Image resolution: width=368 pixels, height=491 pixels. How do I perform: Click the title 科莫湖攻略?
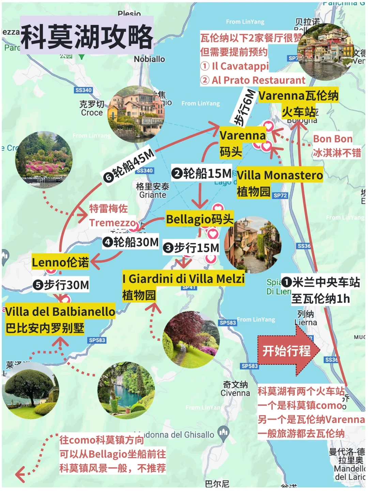click(x=87, y=37)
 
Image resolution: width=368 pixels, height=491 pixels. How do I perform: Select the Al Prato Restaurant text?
click(x=258, y=80)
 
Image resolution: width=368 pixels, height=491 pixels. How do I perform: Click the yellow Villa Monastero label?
click(x=280, y=175)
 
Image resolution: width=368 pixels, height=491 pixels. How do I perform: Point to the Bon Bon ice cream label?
click(x=333, y=139)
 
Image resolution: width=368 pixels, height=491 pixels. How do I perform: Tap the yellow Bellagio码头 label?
click(x=200, y=219)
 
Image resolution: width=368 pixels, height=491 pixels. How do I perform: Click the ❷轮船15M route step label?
click(x=202, y=173)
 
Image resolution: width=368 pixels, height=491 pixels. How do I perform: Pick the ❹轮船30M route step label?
click(x=131, y=242)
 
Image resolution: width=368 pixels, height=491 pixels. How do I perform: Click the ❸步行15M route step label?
click(x=191, y=248)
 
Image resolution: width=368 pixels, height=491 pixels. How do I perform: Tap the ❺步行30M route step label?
click(x=61, y=285)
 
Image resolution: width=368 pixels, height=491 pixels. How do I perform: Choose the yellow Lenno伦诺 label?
click(x=60, y=262)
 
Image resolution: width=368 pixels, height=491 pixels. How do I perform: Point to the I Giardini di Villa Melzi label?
click(x=183, y=279)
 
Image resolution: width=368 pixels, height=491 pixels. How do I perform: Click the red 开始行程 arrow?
click(x=288, y=351)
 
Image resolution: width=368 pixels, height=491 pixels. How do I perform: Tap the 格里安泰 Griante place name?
click(x=152, y=191)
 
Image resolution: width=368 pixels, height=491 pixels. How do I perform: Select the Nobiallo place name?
click(x=149, y=59)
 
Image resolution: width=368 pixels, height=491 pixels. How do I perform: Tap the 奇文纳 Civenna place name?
click(x=235, y=389)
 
